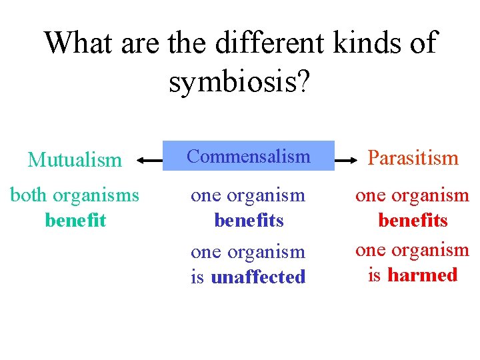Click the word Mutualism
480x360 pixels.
[75, 160]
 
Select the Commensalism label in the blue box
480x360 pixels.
[249, 157]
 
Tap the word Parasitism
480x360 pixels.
[413, 158]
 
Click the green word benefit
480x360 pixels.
[75, 220]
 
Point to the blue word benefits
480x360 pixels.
[249, 220]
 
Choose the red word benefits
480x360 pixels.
[413, 220]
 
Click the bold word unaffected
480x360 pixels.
[258, 277]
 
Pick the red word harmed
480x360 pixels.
[423, 275]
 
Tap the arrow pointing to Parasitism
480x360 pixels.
[347, 160]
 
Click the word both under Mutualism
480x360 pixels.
[29, 196]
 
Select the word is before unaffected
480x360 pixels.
[197, 277]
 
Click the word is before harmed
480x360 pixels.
[375, 275]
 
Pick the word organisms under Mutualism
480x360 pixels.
[96, 196]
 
